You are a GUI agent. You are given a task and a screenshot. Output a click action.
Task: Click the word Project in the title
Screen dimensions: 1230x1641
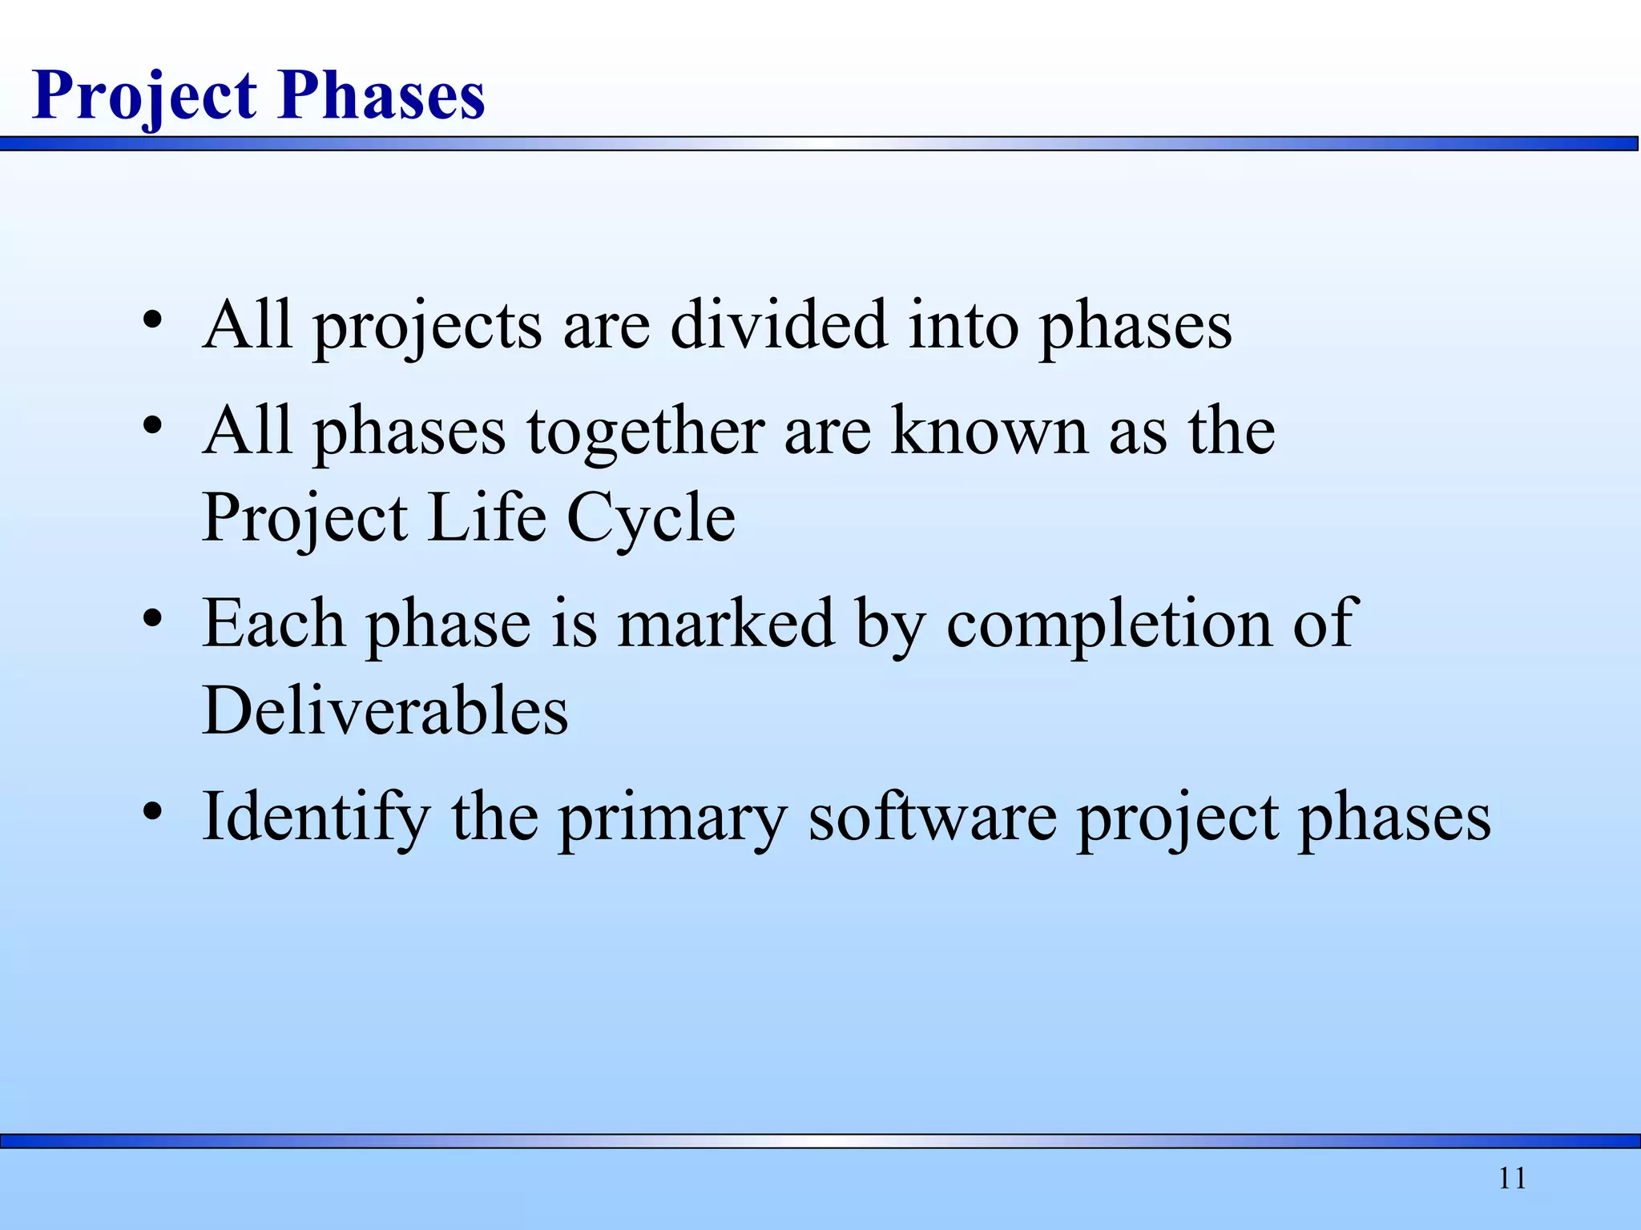[x=145, y=96]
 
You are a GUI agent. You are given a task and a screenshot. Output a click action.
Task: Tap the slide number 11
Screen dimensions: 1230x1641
[x=1512, y=1179]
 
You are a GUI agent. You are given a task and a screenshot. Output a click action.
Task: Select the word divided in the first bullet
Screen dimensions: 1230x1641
[x=779, y=324]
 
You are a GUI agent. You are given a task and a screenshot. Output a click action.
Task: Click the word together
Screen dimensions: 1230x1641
[x=644, y=432]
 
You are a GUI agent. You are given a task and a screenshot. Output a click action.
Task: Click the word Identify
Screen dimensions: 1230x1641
[x=316, y=818]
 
